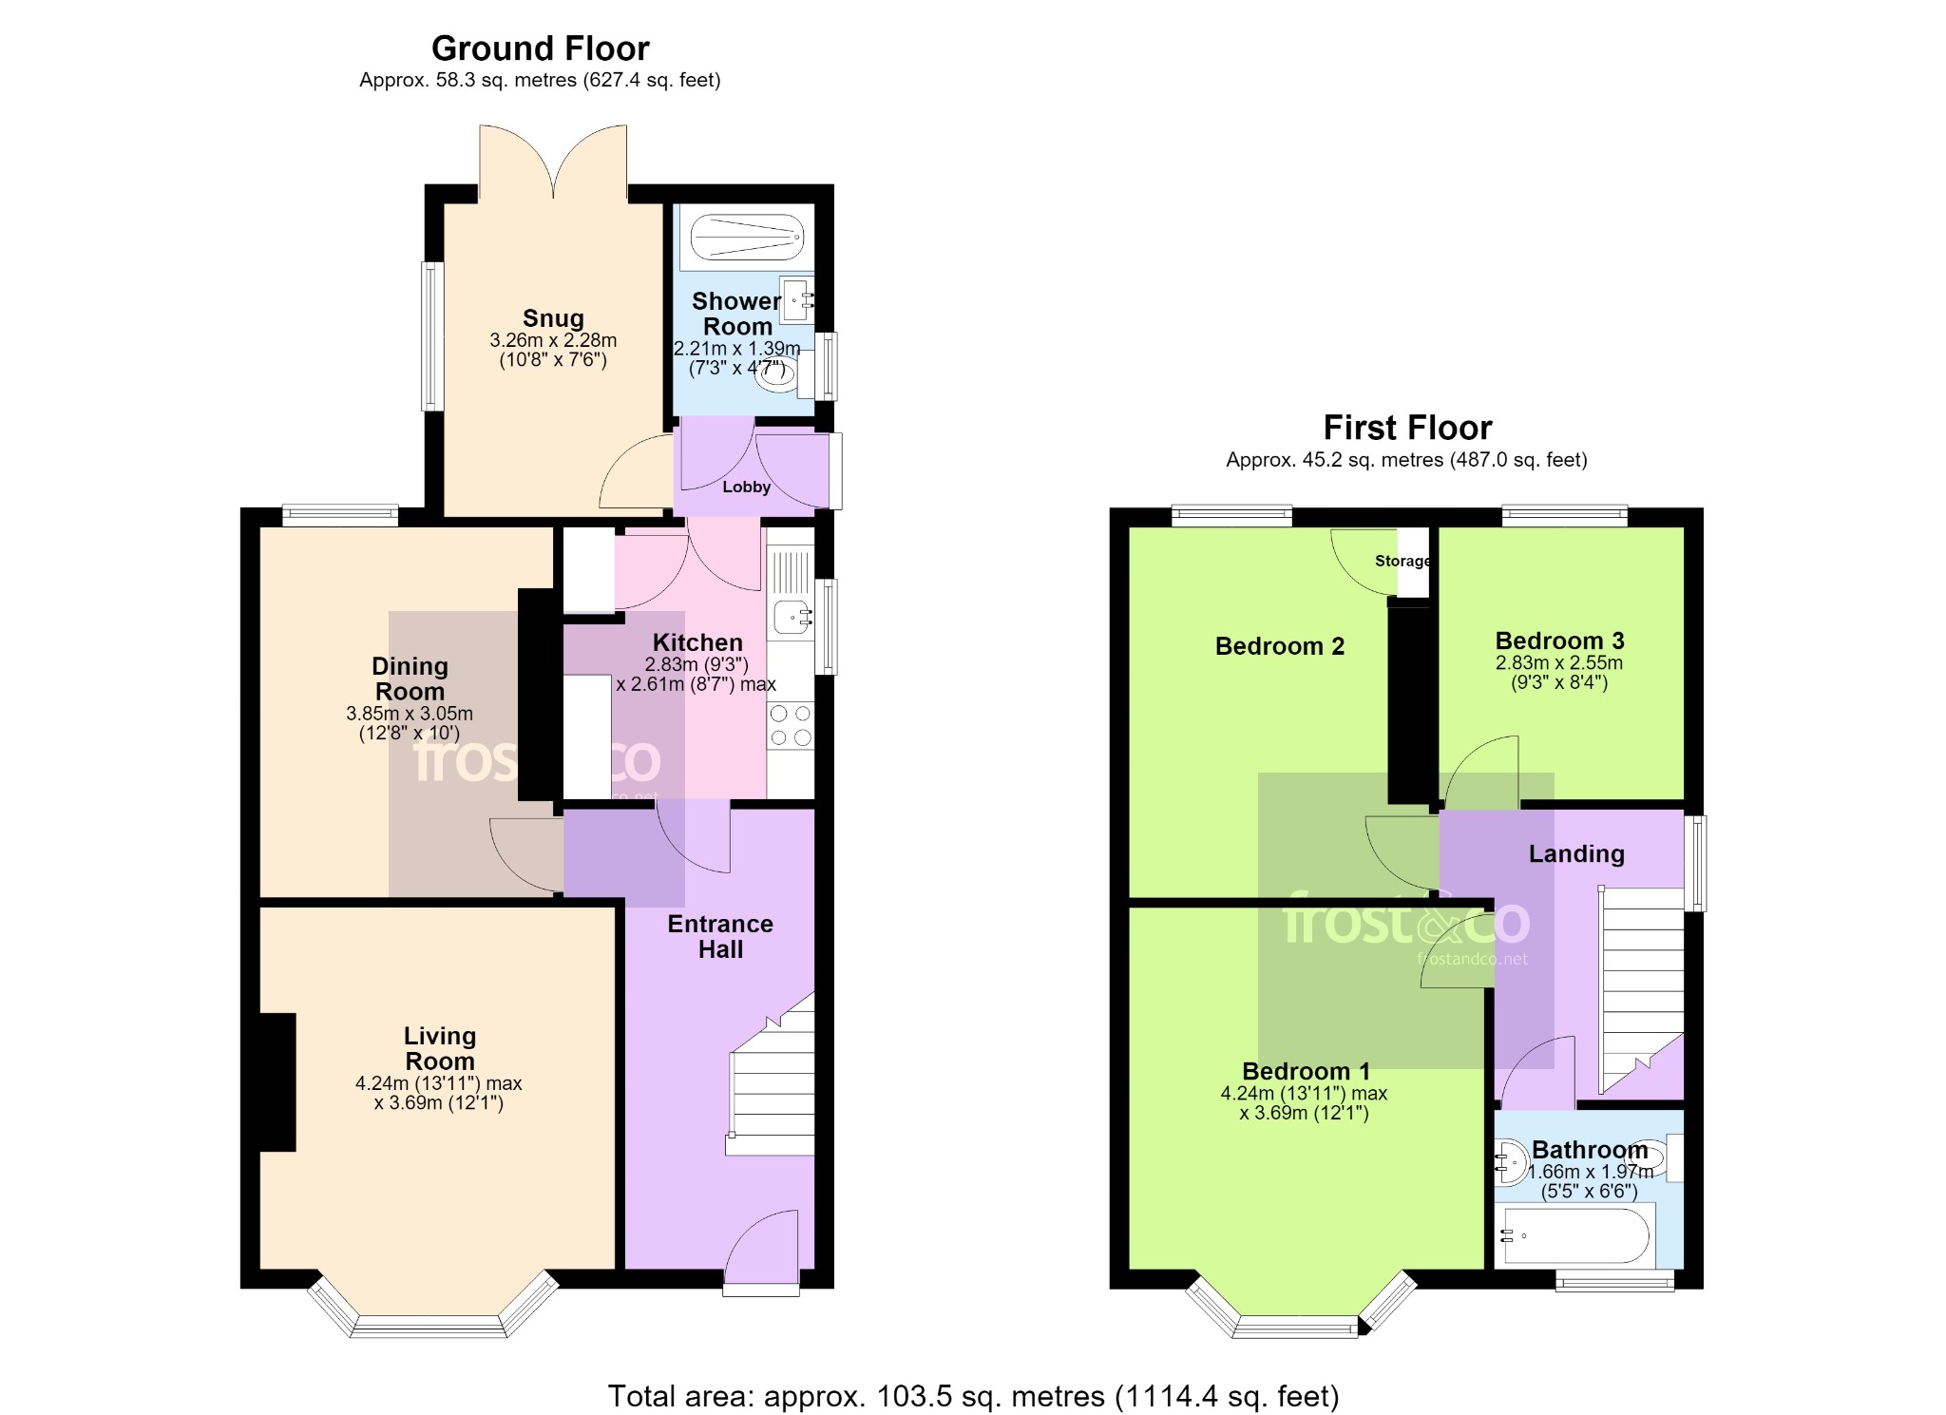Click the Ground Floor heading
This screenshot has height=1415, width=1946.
(x=540, y=48)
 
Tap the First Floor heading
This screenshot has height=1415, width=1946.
(x=1407, y=429)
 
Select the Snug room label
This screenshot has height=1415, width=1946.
(x=553, y=318)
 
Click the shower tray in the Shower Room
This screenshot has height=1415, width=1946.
(x=747, y=237)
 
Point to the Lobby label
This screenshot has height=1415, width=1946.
(x=746, y=487)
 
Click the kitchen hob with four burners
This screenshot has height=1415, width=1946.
(x=791, y=725)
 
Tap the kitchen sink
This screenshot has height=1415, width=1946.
(x=792, y=618)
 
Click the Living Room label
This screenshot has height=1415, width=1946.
(x=439, y=1048)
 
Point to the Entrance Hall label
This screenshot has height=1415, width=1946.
(x=720, y=936)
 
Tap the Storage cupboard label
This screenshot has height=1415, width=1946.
(x=1402, y=561)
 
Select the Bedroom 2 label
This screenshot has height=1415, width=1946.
(x=1280, y=646)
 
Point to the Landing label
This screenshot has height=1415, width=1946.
(x=1576, y=853)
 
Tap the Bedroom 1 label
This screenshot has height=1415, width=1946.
(x=1306, y=1071)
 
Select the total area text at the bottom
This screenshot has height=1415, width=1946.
(x=973, y=1396)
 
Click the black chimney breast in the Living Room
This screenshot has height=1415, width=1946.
(x=277, y=1082)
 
